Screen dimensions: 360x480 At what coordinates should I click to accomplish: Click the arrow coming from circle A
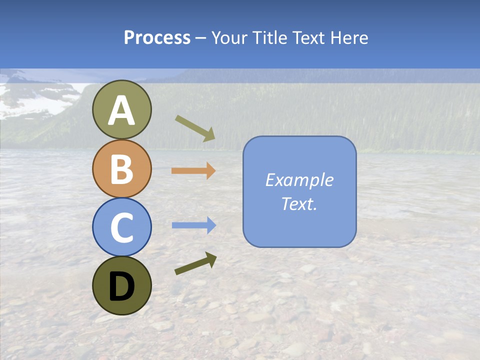click(195, 128)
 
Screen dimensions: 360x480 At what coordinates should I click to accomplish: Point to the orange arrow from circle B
click(193, 171)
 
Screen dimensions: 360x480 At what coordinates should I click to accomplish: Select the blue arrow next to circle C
click(193, 225)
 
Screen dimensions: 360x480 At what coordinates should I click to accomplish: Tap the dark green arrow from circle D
click(195, 263)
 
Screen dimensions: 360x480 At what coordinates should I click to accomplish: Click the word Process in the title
click(157, 38)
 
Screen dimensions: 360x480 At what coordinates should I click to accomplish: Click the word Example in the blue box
click(299, 180)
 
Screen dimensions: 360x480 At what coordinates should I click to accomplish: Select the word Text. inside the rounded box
click(299, 204)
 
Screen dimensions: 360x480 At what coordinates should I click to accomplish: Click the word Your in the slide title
click(230, 38)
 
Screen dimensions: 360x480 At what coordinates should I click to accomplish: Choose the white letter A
click(121, 111)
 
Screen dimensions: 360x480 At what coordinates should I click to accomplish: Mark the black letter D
click(121, 286)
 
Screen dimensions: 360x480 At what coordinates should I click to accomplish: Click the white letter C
click(121, 227)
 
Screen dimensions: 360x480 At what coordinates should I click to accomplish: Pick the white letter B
click(121, 168)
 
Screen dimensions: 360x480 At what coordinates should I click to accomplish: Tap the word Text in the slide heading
click(308, 38)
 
